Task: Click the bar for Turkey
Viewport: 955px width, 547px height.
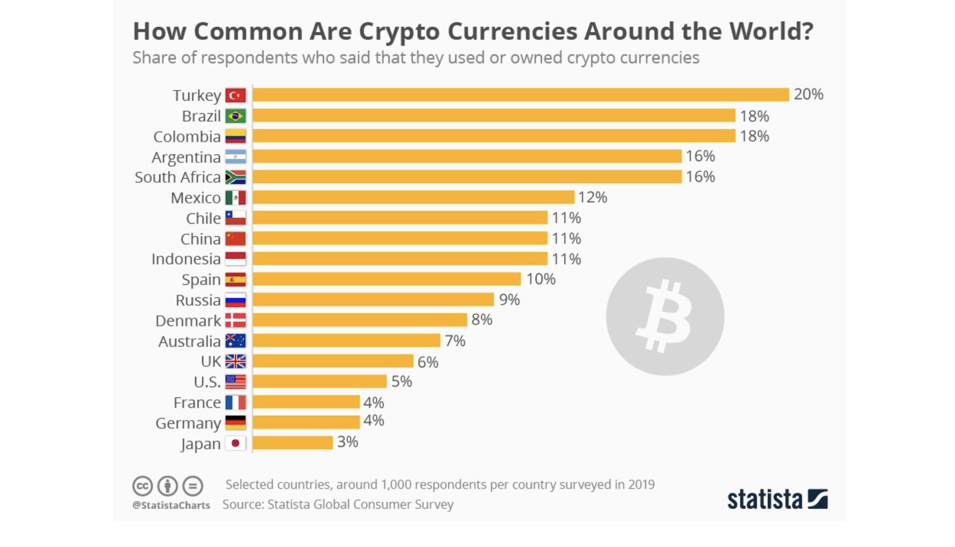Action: tap(520, 95)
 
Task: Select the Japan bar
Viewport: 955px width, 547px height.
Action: tap(292, 443)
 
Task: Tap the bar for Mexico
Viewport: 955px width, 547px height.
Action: tap(413, 197)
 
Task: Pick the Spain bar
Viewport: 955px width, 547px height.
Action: tap(386, 279)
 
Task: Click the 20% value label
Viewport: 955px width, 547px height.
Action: tap(808, 94)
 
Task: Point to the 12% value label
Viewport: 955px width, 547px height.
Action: tap(592, 197)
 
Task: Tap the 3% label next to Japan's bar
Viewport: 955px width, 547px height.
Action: tap(347, 442)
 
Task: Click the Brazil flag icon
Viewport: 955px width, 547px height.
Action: tap(235, 116)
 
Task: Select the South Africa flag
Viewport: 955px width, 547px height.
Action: tap(235, 177)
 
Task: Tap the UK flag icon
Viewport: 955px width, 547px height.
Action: tap(235, 361)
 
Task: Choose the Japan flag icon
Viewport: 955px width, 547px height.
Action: tap(235, 443)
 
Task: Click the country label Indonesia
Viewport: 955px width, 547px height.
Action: tap(186, 259)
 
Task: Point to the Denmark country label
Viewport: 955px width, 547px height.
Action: tap(188, 321)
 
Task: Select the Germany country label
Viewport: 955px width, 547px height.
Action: tap(188, 423)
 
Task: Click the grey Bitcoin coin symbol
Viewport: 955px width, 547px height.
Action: tap(665, 316)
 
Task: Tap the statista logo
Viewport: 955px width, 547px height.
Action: tap(777, 499)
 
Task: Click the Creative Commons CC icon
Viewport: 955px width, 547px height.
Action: tap(142, 486)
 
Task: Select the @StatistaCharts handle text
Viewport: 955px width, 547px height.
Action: tap(171, 505)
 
